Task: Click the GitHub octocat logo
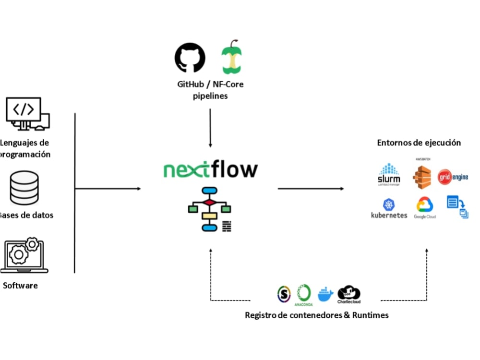[x=190, y=58]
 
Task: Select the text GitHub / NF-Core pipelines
[x=210, y=90]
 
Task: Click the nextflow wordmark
[x=210, y=170]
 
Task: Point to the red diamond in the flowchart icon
[x=210, y=203]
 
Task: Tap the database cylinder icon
[x=24, y=188]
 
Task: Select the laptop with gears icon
[x=24, y=255]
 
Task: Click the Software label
[x=20, y=286]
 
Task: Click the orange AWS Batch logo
[x=422, y=175]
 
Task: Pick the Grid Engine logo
[x=453, y=177]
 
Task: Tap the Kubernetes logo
[x=389, y=209]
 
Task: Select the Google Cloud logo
[x=425, y=208]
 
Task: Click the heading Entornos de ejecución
[x=419, y=143]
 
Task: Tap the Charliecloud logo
[x=349, y=294]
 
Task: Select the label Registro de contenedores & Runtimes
[x=316, y=315]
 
